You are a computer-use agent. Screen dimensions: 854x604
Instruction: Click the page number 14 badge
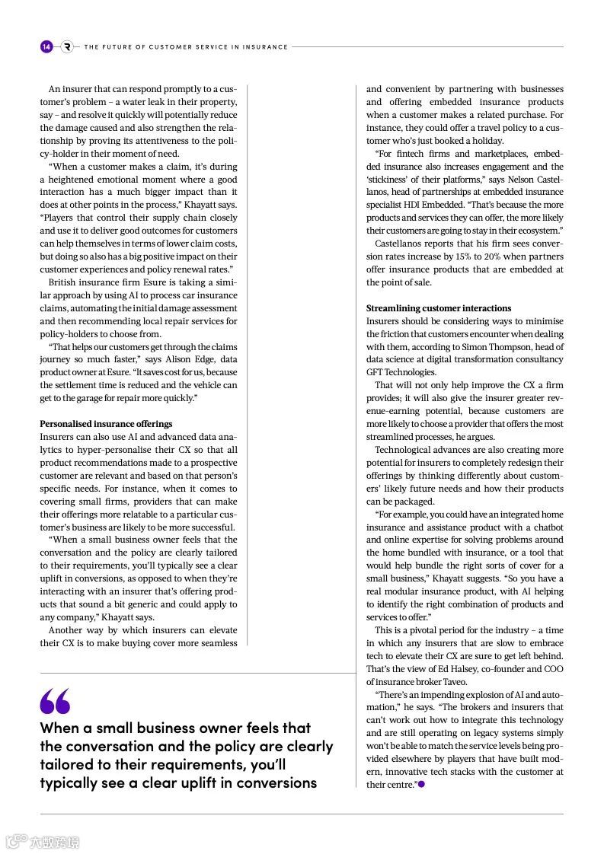point(46,46)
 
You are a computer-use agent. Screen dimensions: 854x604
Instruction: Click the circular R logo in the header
point(67,46)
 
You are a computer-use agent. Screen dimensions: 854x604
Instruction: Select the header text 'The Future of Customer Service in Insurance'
point(186,47)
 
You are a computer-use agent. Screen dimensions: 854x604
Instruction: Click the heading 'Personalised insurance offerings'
point(106,424)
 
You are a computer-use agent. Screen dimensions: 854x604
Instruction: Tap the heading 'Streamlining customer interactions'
point(438,308)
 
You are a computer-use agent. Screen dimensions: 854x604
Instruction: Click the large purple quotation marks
point(55,701)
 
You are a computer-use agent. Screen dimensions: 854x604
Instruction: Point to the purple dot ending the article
point(421,784)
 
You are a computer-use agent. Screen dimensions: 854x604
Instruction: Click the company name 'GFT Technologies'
point(401,372)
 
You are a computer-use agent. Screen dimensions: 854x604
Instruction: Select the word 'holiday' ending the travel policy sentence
point(487,141)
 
